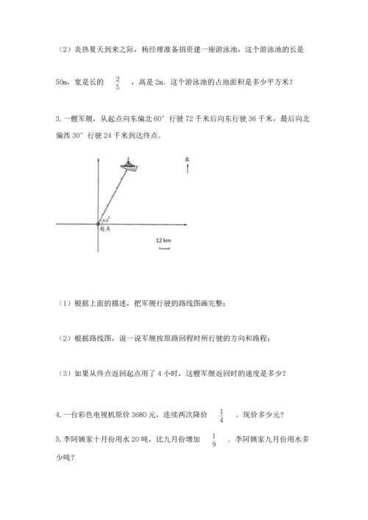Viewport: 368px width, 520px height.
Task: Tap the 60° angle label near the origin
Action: (105, 219)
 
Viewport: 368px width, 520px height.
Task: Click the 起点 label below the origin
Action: (104, 229)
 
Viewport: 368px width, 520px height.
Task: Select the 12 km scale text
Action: (163, 240)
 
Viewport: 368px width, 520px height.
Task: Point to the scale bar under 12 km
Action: (163, 249)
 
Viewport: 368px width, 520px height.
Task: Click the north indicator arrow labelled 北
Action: (188, 166)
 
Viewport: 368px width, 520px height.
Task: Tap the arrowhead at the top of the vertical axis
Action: (97, 160)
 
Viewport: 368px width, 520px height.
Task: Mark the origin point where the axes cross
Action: (97, 223)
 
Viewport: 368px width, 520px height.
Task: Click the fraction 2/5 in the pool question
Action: (118, 82)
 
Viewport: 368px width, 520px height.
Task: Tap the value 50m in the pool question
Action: (64, 82)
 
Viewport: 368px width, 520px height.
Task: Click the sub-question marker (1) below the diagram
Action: (65, 302)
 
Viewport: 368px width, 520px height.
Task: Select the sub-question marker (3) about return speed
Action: (65, 371)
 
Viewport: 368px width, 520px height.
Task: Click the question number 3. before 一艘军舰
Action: (58, 118)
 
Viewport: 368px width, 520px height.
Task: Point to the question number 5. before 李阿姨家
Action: (58, 441)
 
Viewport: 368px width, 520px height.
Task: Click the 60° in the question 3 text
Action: (175, 118)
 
